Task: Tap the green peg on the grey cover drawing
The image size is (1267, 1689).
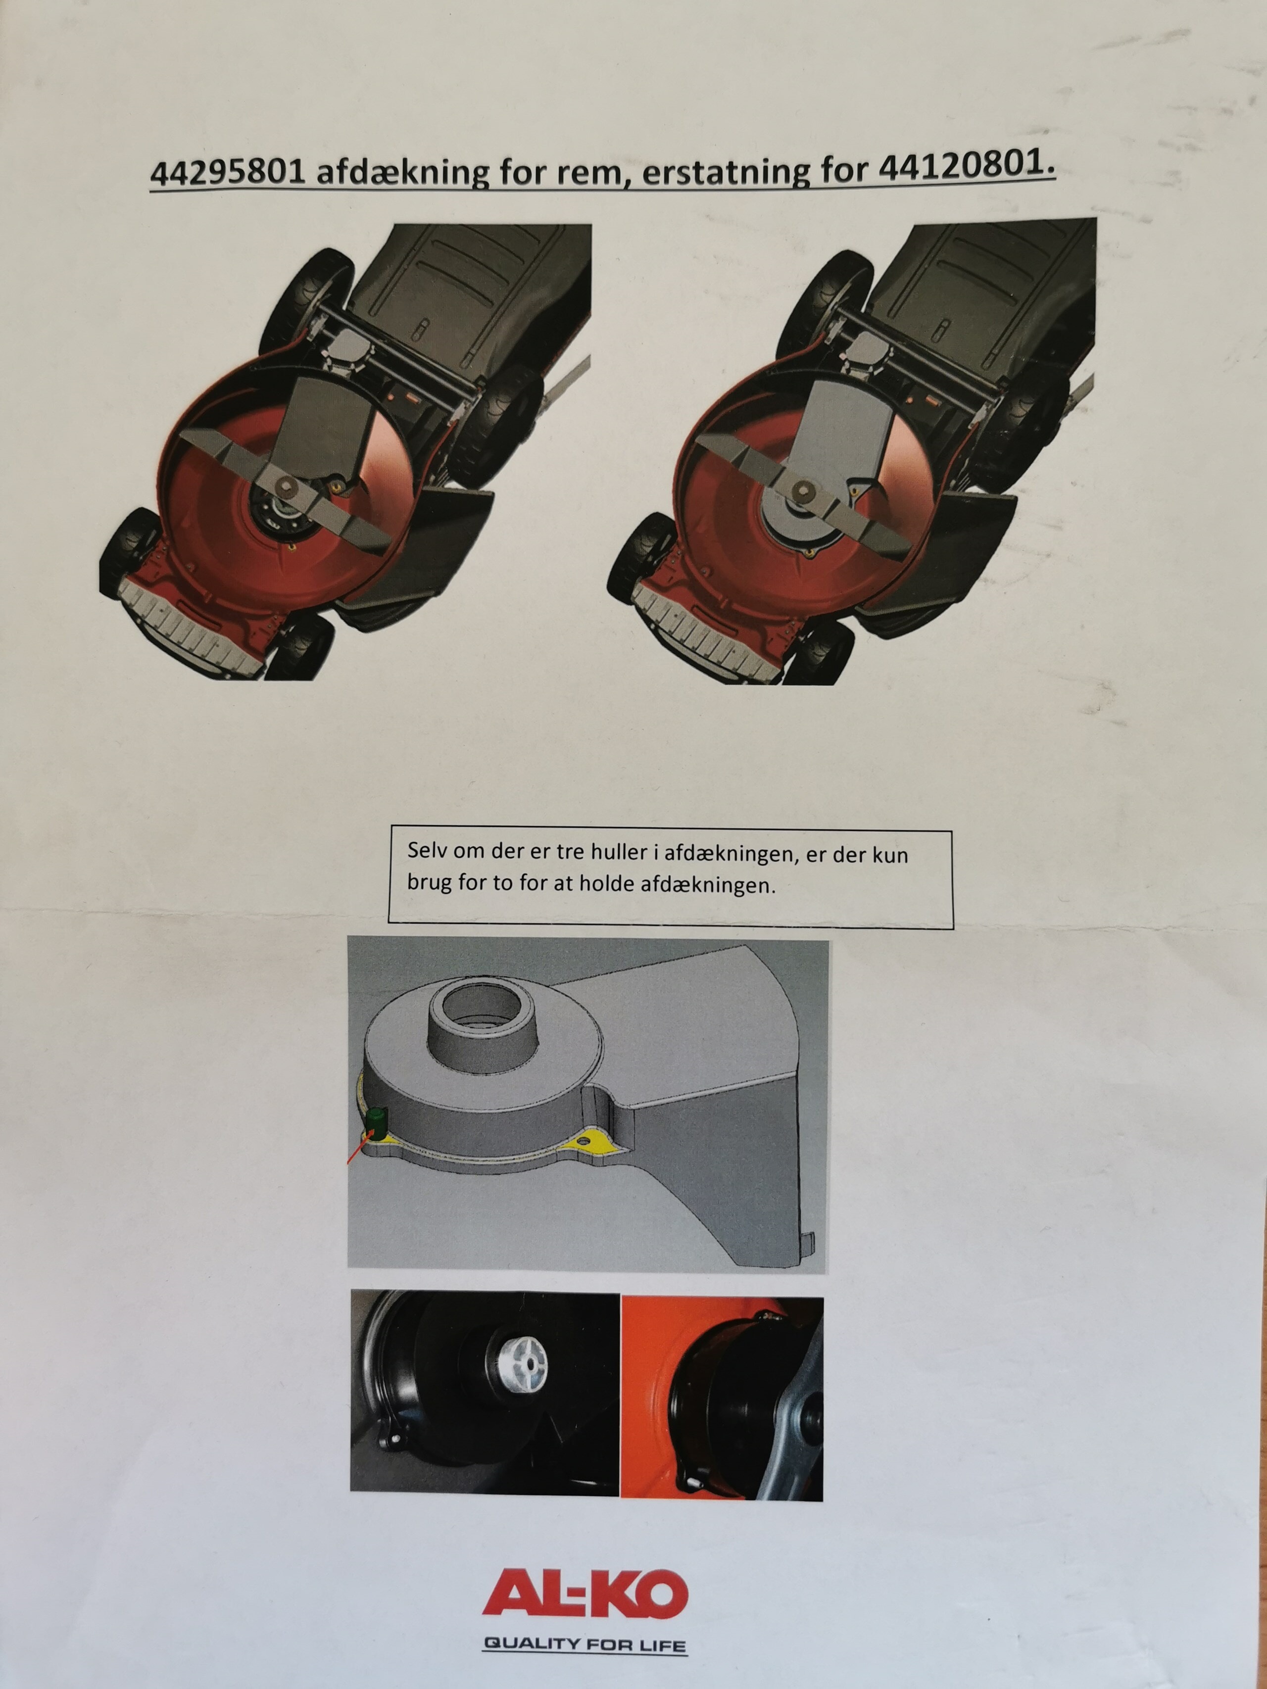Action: [x=376, y=1122]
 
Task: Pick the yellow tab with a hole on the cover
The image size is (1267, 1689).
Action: [x=586, y=1139]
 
